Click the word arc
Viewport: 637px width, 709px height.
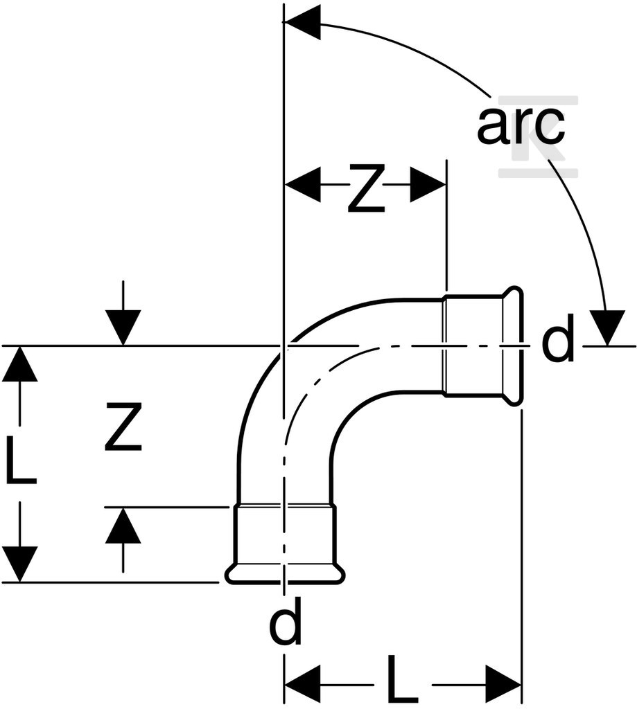[x=521, y=126]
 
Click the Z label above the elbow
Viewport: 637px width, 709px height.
[x=366, y=189]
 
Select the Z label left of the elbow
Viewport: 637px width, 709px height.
[x=123, y=427]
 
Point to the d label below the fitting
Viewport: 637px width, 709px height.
[x=285, y=621]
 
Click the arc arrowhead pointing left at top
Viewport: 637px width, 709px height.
[x=302, y=21]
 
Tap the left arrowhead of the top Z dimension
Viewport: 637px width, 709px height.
[x=302, y=184]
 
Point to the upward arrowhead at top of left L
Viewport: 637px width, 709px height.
[x=19, y=365]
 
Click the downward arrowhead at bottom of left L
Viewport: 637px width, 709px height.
[x=19, y=564]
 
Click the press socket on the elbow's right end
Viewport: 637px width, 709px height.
[x=482, y=346]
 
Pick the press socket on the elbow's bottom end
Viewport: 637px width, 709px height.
[x=285, y=544]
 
